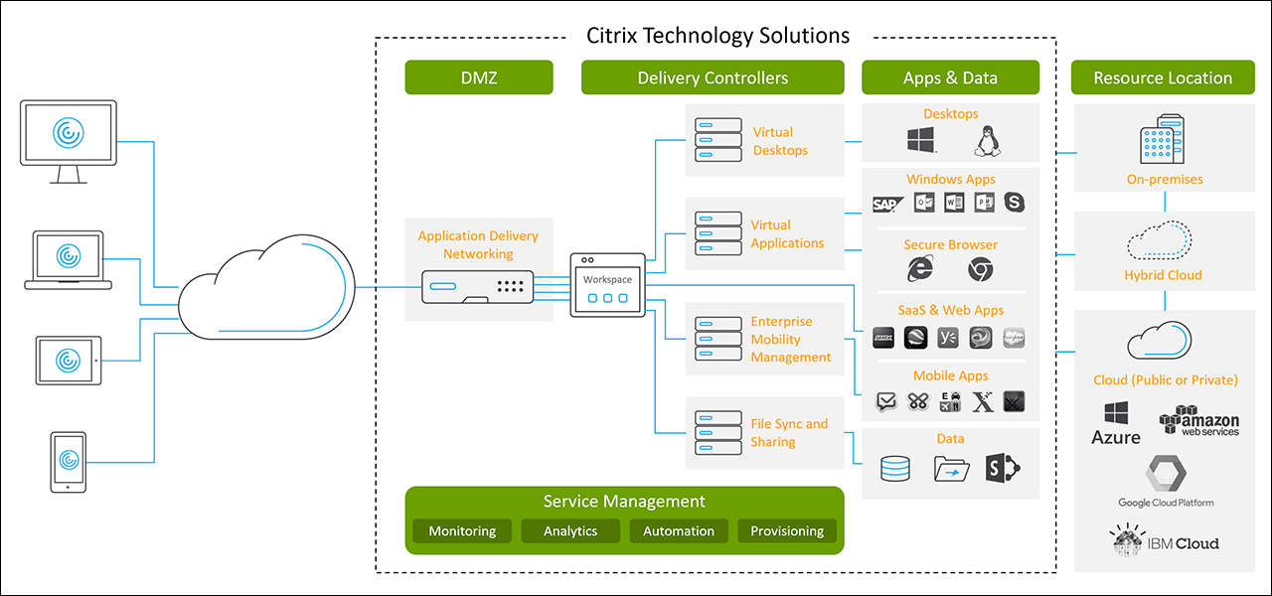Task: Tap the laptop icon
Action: click(x=68, y=260)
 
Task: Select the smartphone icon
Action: click(x=68, y=461)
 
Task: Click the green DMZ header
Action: click(x=478, y=77)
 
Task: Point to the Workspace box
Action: click(x=606, y=285)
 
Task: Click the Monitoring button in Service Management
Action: click(x=462, y=531)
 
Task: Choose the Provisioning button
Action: click(x=786, y=531)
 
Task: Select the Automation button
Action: click(x=678, y=531)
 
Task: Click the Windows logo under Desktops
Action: click(x=920, y=141)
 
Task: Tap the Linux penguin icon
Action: click(x=985, y=141)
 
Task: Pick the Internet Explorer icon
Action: click(x=921, y=268)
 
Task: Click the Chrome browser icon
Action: click(x=981, y=268)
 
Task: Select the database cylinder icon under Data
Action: click(x=894, y=468)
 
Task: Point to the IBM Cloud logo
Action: click(x=1164, y=542)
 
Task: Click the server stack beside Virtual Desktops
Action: click(x=717, y=141)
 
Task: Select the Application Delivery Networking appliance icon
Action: click(x=478, y=287)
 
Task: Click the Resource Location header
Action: click(x=1163, y=77)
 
